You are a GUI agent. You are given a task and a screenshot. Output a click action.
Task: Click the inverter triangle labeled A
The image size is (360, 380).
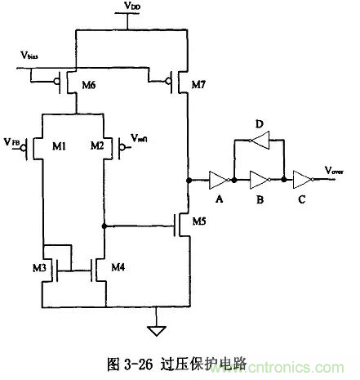pyautogui.click(x=217, y=179)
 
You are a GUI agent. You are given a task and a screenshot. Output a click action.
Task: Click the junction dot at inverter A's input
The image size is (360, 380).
pyautogui.click(x=189, y=179)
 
